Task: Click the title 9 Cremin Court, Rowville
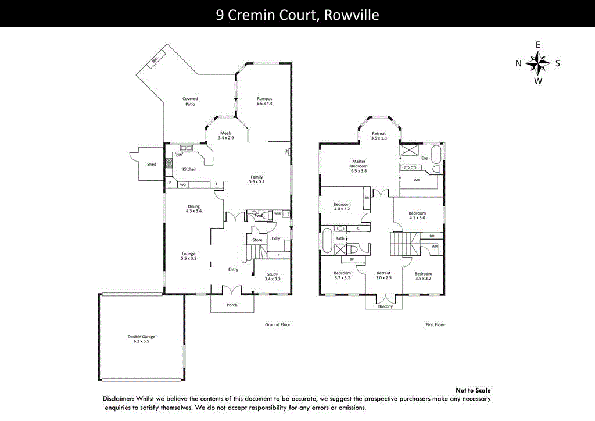(297, 15)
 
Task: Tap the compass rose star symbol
(539, 63)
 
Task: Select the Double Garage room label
(141, 339)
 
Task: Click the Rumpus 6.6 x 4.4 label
(264, 101)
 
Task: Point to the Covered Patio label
(190, 101)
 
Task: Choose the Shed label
(152, 165)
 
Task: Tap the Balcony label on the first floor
(385, 306)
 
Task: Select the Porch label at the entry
(232, 305)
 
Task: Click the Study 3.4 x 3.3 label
(273, 277)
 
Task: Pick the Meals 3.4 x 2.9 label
(225, 135)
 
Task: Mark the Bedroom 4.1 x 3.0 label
(417, 215)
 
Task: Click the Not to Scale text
(473, 391)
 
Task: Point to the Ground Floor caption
(277, 325)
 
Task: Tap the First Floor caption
(435, 325)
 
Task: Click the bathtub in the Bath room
(327, 240)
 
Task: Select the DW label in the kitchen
(179, 155)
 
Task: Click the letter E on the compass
(538, 45)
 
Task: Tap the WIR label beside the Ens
(417, 180)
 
